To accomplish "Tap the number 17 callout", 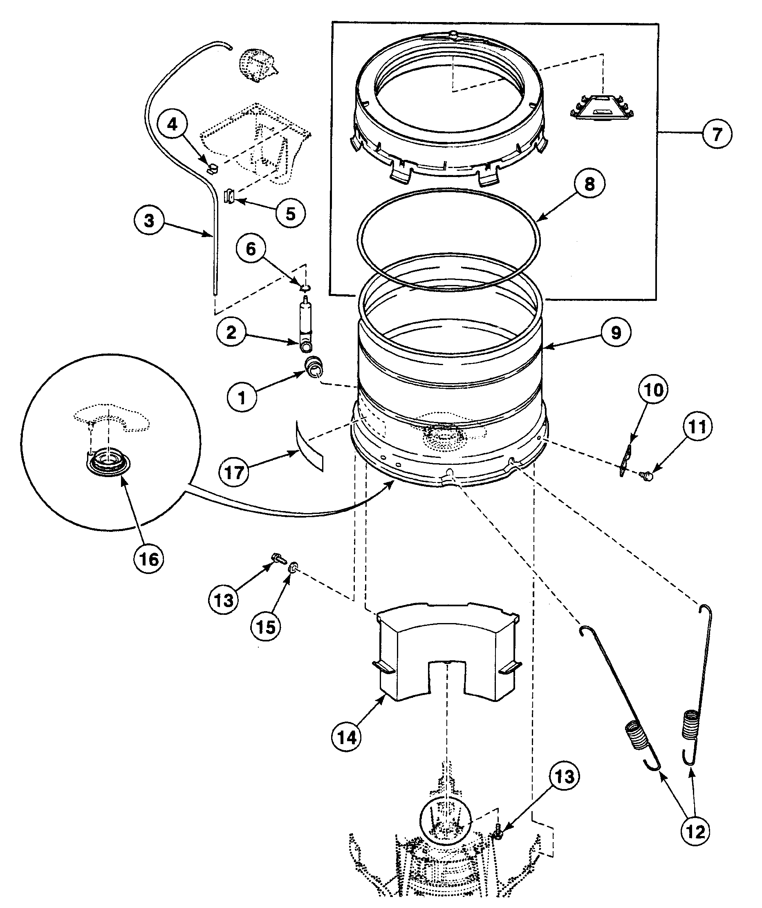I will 234,473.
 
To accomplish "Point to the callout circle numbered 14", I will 347,737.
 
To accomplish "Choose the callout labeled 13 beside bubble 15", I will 224,600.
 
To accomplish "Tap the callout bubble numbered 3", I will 149,221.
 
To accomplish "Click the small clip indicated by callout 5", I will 230,197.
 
